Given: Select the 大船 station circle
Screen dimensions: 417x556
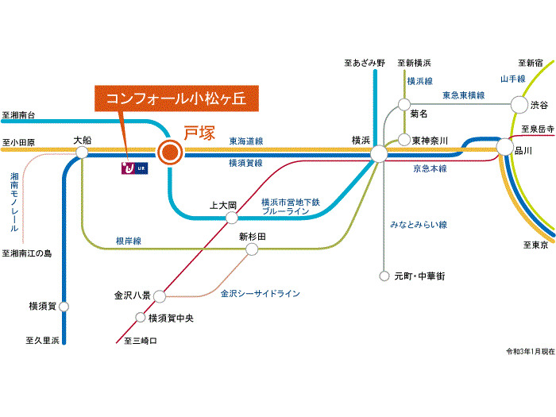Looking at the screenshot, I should (82, 152).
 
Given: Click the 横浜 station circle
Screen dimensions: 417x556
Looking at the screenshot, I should (378, 153).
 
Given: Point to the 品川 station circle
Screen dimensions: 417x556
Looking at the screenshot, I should (505, 147).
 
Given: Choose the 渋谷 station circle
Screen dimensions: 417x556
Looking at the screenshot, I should (519, 104).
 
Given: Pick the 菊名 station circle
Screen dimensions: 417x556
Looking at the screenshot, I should (404, 104).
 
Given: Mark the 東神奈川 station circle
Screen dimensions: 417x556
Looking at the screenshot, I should (403, 139).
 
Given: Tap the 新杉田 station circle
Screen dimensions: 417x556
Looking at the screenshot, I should (252, 249).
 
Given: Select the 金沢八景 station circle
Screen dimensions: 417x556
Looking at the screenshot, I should (159, 296).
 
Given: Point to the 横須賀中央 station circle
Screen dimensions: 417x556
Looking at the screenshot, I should (141, 318).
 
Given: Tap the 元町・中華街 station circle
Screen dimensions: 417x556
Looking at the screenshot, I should (384, 276).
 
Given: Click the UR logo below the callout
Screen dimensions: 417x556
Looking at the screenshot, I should (133, 168).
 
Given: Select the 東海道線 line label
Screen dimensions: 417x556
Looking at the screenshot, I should (246, 141).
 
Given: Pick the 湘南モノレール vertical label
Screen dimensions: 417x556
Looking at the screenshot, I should (14, 202).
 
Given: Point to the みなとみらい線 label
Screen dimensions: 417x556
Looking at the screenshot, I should (419, 225).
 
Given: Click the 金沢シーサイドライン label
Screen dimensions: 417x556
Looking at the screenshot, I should (260, 294).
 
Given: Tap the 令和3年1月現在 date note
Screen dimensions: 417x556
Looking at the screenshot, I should (530, 350).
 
